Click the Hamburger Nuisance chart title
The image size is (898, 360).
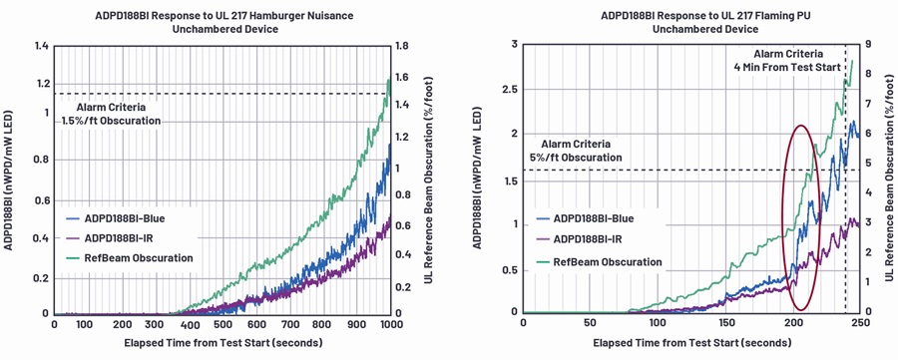click(x=224, y=22)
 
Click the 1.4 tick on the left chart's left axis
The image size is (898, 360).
click(x=40, y=46)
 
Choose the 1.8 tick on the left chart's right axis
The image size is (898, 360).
click(x=401, y=46)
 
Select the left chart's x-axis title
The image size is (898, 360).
click(x=223, y=343)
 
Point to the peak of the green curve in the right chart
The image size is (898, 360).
click(x=852, y=61)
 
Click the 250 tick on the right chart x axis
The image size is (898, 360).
click(x=861, y=324)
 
